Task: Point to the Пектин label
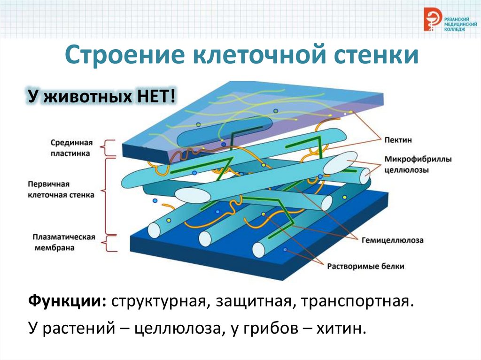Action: pyautogui.click(x=398, y=140)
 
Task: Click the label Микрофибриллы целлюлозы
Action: pyautogui.click(x=418, y=164)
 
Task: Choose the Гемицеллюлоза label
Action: pyautogui.click(x=392, y=240)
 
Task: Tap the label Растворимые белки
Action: pyautogui.click(x=365, y=266)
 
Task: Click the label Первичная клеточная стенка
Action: pyautogui.click(x=61, y=190)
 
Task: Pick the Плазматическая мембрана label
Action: pyautogui.click(x=64, y=242)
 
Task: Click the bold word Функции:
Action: pyautogui.click(x=68, y=301)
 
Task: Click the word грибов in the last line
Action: pyautogui.click(x=270, y=329)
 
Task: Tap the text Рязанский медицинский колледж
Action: pyautogui.click(x=460, y=23)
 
